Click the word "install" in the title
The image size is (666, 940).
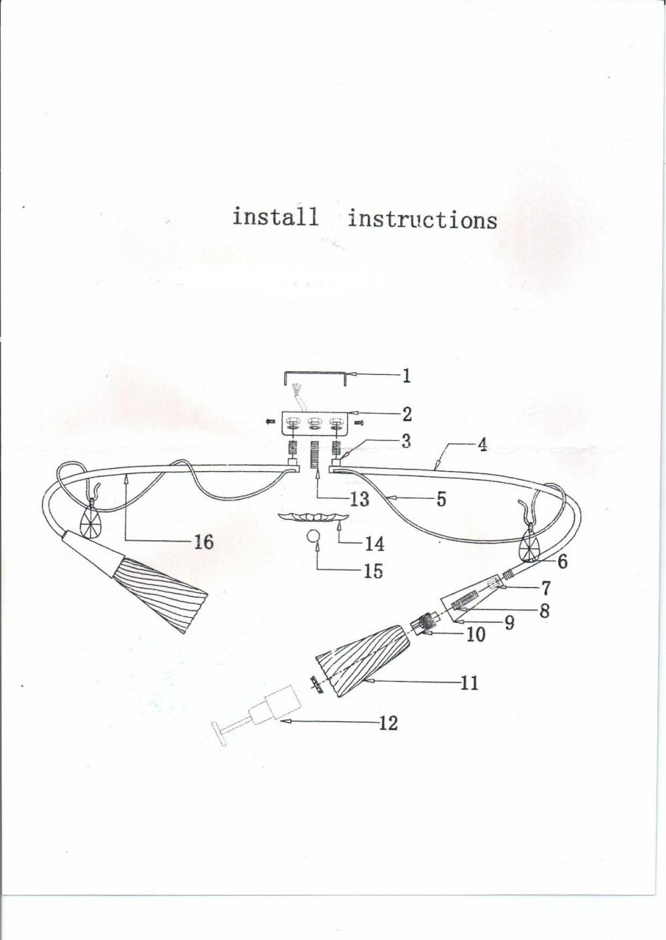click(x=274, y=217)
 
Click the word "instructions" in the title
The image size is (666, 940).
click(x=422, y=219)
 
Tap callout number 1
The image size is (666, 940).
click(x=406, y=376)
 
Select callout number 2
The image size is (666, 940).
click(x=406, y=414)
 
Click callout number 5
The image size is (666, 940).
click(x=440, y=499)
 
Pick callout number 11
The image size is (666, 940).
click(x=470, y=682)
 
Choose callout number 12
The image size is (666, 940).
click(x=388, y=722)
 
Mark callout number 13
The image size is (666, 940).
click(x=359, y=499)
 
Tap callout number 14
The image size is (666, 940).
click(x=374, y=544)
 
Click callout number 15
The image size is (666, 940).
click(x=373, y=570)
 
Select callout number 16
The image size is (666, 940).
click(x=203, y=542)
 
